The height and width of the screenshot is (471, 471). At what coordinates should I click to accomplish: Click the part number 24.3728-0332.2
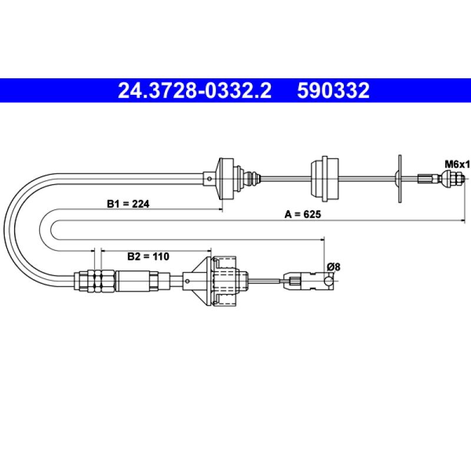195,91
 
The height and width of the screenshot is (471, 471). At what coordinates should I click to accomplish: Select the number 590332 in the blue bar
333,91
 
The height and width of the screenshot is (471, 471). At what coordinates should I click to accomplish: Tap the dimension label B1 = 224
128,204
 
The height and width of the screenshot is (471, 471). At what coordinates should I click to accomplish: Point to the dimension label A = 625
303,214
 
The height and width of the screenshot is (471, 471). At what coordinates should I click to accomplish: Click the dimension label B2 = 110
148,257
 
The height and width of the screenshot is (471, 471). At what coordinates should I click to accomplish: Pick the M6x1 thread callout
457,164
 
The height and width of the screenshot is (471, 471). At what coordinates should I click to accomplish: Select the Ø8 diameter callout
333,267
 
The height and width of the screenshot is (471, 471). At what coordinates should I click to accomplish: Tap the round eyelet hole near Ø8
329,281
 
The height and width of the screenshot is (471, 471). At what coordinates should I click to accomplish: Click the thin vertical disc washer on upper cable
400,179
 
